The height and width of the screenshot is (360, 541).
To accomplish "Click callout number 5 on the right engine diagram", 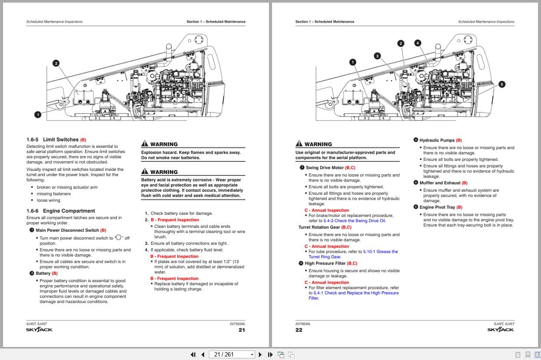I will pyautogui.click(x=502, y=84).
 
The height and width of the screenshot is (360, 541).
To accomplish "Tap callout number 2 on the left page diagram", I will pyautogui.click(x=56, y=63).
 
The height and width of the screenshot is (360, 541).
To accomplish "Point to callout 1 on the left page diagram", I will pyautogui.click(x=38, y=114).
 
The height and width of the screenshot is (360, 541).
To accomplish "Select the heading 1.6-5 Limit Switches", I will pyautogui.click(x=56, y=140).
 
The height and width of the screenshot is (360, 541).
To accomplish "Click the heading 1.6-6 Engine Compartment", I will pyautogui.click(x=60, y=211).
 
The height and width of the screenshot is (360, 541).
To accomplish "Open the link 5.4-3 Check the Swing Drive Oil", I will pyautogui.click(x=354, y=221).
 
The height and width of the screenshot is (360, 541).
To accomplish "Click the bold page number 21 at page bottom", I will pyautogui.click(x=242, y=330).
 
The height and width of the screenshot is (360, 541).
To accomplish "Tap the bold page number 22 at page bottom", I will pyautogui.click(x=299, y=330).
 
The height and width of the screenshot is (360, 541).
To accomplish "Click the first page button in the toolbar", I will pyautogui.click(x=193, y=354).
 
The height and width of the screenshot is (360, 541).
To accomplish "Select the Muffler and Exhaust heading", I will pyautogui.click(x=440, y=183).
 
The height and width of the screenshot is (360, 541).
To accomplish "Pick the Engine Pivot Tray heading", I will pyautogui.click(x=437, y=207).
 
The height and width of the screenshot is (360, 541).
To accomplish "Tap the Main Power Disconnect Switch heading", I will pyautogui.click(x=67, y=230).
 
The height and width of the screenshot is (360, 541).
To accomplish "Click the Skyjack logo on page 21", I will pyautogui.click(x=39, y=330).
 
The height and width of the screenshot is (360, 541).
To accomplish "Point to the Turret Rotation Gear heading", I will pyautogui.click(x=319, y=227).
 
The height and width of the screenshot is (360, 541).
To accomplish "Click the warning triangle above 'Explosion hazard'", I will pyautogui.click(x=145, y=144).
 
